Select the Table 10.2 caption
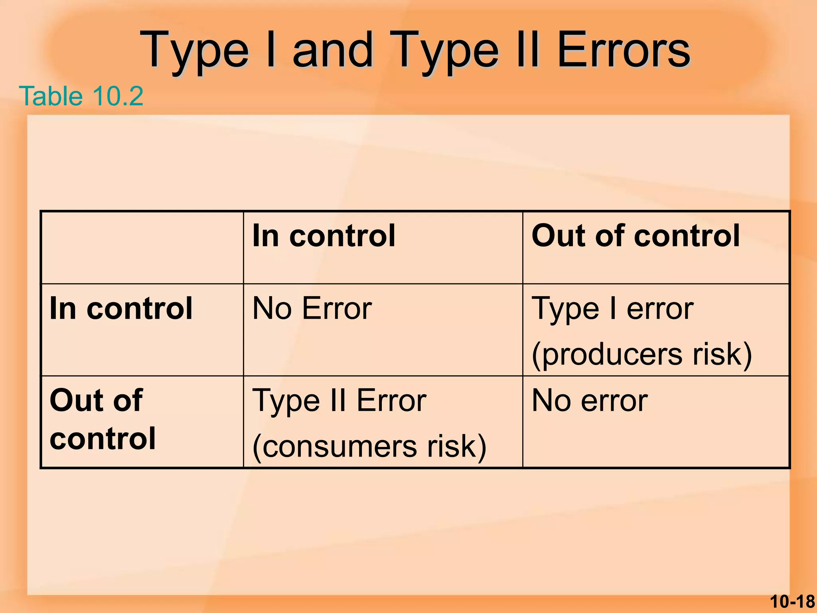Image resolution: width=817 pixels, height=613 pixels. coord(81,96)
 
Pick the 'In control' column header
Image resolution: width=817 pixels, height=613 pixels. coord(324,236)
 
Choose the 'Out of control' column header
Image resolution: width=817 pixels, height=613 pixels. coord(636,236)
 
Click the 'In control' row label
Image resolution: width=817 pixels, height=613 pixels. coord(121,308)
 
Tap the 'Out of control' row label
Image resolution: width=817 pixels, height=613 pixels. coord(103,419)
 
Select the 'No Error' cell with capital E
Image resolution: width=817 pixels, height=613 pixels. coord(312,308)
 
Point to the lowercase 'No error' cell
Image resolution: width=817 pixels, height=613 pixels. coord(590,400)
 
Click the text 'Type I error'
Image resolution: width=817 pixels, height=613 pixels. coord(613,308)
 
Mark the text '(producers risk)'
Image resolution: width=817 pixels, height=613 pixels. coord(642,354)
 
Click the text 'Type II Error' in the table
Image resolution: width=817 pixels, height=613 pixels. coord(339,400)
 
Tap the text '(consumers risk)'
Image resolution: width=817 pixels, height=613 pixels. coord(369,446)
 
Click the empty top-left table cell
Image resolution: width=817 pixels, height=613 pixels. coord(142,248)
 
